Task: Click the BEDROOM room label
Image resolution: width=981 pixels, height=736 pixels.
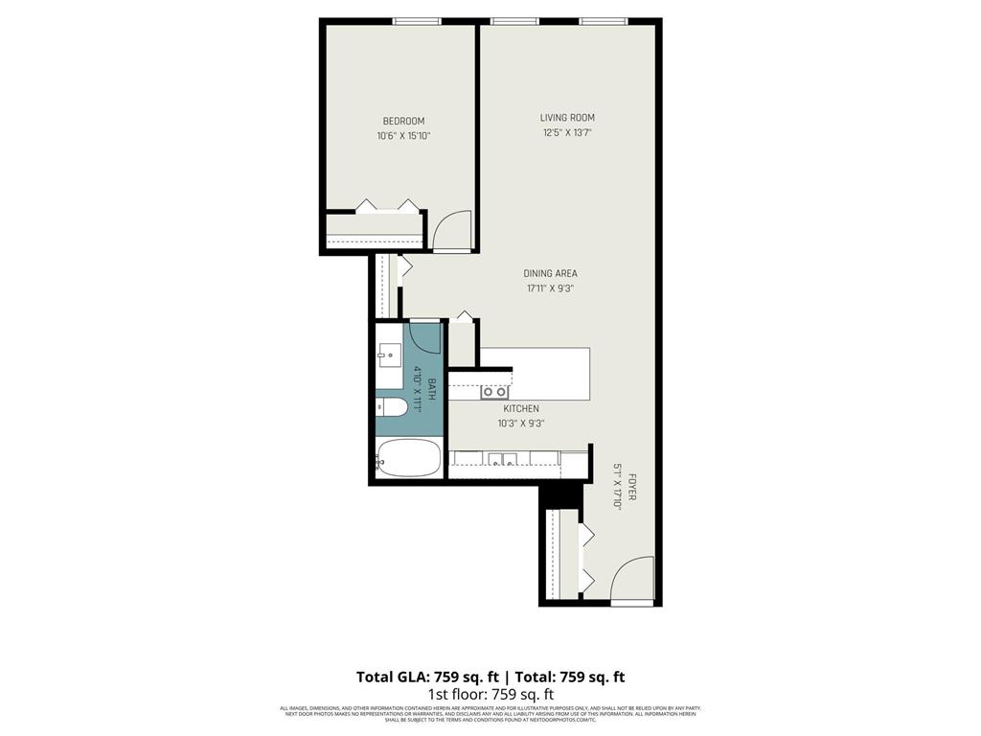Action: coord(403,121)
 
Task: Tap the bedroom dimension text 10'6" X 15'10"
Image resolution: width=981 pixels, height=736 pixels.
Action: coord(403,136)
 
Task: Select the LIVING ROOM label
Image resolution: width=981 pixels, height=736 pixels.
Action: coord(567,118)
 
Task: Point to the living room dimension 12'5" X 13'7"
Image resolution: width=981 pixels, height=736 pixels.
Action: coord(567,133)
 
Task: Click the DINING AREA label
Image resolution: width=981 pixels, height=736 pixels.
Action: coord(551,273)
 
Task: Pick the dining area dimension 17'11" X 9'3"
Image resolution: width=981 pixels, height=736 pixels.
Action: coord(551,288)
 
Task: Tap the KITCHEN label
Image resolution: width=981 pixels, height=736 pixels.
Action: coord(521,408)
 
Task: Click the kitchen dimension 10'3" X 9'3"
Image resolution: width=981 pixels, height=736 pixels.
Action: coord(521,424)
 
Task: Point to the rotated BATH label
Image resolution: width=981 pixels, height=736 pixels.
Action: coord(432,388)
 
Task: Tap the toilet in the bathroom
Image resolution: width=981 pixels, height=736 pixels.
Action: coord(392,407)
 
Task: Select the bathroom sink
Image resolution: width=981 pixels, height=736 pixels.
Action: coord(388,356)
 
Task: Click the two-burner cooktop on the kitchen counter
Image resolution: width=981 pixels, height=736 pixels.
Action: coord(494,391)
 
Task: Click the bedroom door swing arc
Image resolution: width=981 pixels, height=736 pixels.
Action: coord(451,230)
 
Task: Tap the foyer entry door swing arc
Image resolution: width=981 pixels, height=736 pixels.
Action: coord(632,578)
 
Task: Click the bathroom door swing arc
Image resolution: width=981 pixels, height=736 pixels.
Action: coord(424,337)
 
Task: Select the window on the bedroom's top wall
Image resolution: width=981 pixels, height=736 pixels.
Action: coord(417,21)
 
